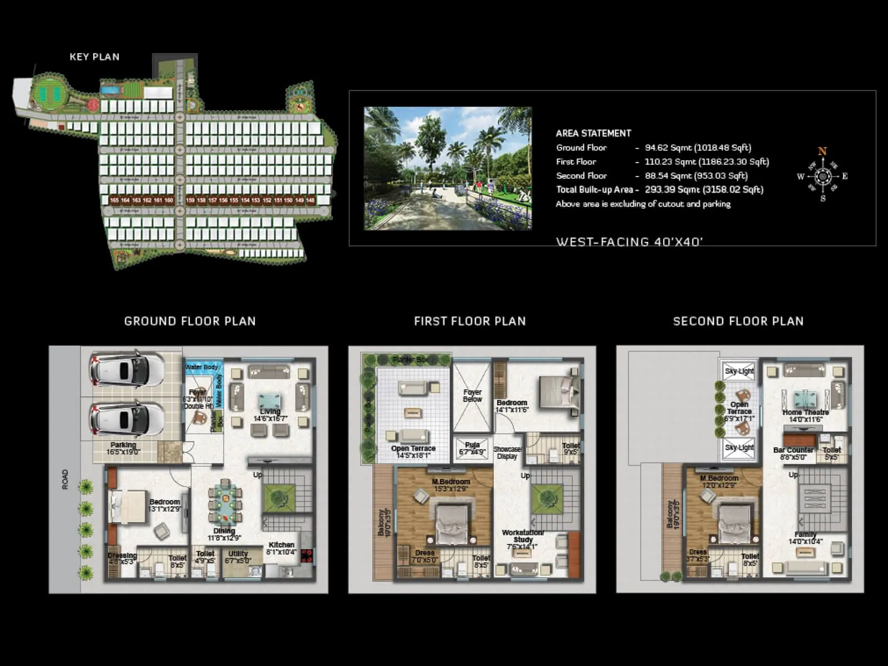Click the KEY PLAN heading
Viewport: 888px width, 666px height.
(94, 57)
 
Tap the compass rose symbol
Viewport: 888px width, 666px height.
(823, 176)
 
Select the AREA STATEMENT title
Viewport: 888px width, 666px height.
(593, 133)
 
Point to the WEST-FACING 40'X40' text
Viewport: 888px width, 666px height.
(629, 241)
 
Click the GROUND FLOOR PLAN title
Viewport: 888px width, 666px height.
(190, 321)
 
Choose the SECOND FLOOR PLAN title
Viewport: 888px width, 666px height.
(738, 321)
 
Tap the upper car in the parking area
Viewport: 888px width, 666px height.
(127, 369)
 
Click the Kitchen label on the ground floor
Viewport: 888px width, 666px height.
(281, 545)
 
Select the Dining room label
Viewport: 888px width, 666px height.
(224, 531)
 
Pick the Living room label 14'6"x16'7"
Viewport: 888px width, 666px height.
(270, 415)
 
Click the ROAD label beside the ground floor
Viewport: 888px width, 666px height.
(65, 479)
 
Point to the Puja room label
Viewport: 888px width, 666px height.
(472, 445)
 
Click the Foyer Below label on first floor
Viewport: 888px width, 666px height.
(472, 395)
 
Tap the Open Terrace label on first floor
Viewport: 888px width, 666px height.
(413, 448)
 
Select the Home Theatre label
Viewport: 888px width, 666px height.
(805, 412)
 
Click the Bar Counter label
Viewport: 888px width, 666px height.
(793, 450)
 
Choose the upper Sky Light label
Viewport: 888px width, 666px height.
(739, 371)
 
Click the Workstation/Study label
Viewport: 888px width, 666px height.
(523, 536)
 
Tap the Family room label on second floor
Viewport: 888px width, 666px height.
(805, 534)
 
